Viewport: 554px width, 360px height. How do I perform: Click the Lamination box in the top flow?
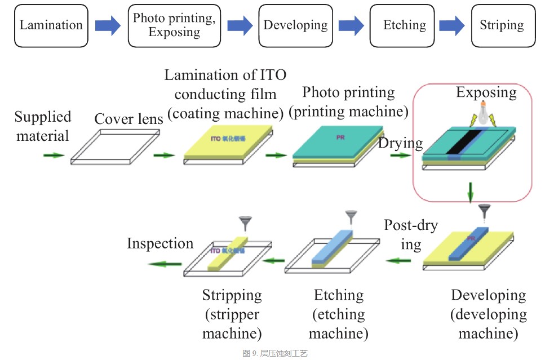pyautogui.click(x=51, y=25)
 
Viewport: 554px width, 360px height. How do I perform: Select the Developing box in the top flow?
pyautogui.click(x=295, y=25)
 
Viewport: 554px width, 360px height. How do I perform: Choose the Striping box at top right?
pyautogui.click(x=502, y=25)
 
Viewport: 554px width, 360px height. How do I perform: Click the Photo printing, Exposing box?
pyautogui.click(x=174, y=25)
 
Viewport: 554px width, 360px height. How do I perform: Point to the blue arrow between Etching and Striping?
pyautogui.click(x=451, y=25)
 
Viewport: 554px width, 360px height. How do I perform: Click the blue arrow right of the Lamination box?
pyautogui.click(x=108, y=25)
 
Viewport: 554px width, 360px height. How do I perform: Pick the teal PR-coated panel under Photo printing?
pyautogui.click(x=340, y=144)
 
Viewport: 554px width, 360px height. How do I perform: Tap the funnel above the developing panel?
pyautogui.click(x=484, y=211)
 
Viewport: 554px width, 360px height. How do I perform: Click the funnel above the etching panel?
pyautogui.click(x=351, y=216)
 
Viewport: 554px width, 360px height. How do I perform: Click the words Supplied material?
pyautogui.click(x=43, y=126)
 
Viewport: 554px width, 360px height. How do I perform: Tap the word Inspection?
pyautogui.click(x=160, y=243)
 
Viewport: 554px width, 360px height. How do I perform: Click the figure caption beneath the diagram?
pyautogui.click(x=276, y=353)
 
